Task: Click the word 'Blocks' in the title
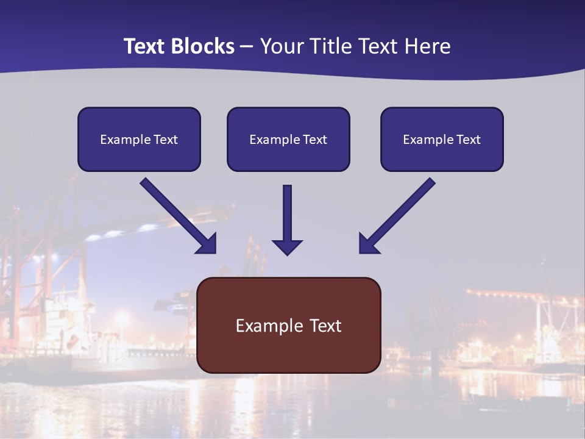[x=204, y=46]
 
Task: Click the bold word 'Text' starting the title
[x=145, y=46]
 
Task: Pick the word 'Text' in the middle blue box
[x=315, y=140]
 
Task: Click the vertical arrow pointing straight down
[x=288, y=213]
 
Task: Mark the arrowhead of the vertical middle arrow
[x=288, y=247]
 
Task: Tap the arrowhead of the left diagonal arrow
[x=207, y=244]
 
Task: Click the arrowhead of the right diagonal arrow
[x=367, y=244]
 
